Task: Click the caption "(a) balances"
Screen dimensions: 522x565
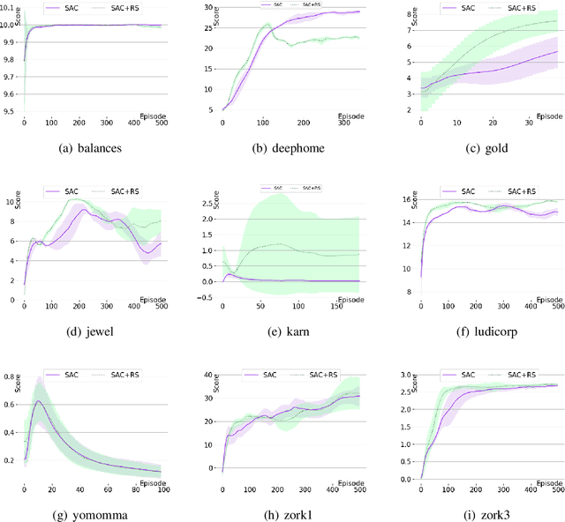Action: [90, 148]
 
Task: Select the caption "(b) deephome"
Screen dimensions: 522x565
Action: [282, 148]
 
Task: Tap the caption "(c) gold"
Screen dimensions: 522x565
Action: [478, 148]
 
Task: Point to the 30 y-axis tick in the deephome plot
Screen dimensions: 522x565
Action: [207, 7]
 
